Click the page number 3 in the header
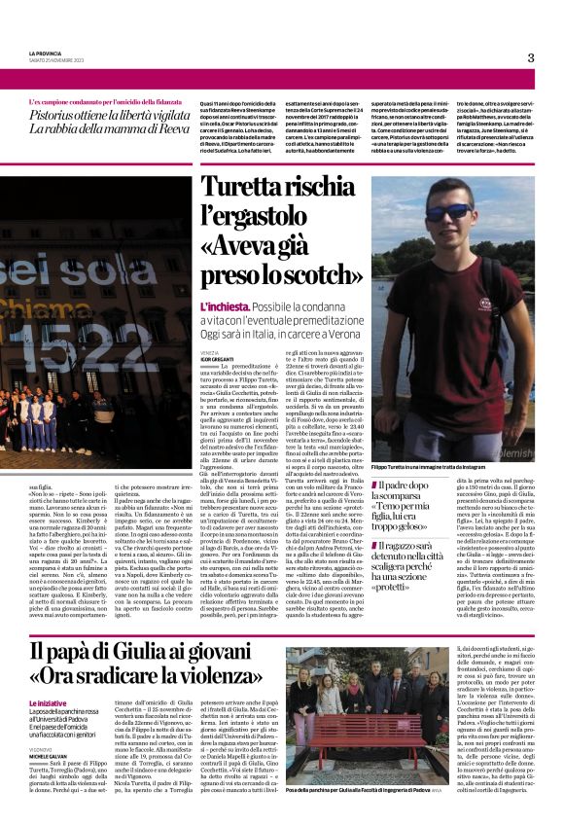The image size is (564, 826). (530, 57)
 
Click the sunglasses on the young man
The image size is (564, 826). (449, 211)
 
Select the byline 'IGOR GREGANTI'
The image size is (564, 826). (218, 358)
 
